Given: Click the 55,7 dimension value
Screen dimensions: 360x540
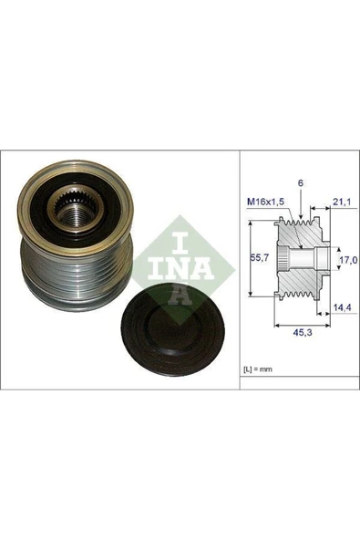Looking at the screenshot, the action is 257,257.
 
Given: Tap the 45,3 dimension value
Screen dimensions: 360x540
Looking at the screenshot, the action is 302,332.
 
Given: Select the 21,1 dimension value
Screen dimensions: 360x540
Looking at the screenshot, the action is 341,202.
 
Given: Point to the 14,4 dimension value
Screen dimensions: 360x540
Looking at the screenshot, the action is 341,307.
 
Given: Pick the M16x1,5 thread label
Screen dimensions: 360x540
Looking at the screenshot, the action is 266,202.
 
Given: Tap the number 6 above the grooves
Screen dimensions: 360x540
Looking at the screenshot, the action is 301,183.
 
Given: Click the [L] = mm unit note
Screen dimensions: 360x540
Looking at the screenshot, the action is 258,369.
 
